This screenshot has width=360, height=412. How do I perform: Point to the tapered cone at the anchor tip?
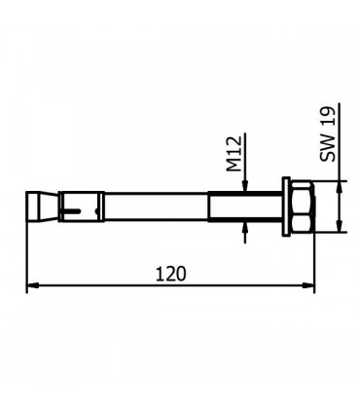click(x=36, y=206)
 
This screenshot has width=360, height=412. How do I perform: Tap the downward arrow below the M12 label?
click(x=247, y=187)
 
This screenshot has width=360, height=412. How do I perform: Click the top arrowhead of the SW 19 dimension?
click(x=340, y=185)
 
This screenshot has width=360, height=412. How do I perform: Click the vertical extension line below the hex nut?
click(x=315, y=258)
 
